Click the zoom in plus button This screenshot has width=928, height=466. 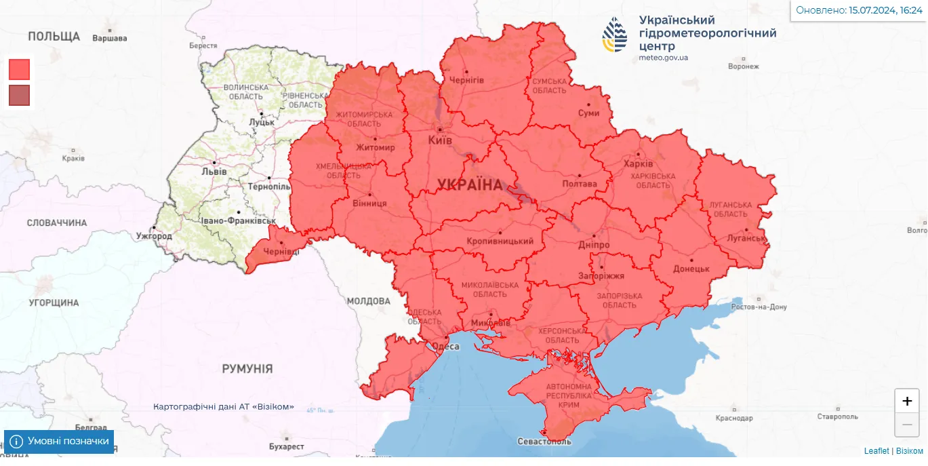tap(907, 401)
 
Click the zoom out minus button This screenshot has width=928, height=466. tap(907, 425)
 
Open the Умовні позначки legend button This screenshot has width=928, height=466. tap(59, 442)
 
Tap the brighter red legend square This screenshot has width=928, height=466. tap(20, 69)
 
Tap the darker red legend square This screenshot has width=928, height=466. tap(20, 96)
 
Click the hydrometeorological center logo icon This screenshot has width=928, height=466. tap(616, 35)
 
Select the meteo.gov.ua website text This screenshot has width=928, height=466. tap(663, 58)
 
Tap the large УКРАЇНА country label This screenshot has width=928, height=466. tap(470, 185)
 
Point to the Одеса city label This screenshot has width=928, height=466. tap(445, 347)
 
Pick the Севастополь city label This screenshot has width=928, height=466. tap(544, 441)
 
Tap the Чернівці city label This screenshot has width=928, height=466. tap(281, 252)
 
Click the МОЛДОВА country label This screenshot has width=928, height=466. tap(368, 301)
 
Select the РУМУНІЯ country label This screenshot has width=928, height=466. tap(247, 369)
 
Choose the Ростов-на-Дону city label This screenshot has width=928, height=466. tap(759, 307)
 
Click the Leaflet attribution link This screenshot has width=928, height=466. tap(876, 451)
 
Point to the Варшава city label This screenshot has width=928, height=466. tap(109, 38)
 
